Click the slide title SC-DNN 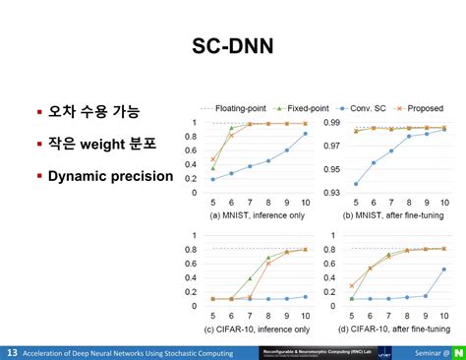point(233,46)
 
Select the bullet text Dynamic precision point(111,177)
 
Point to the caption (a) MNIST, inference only point(259,214)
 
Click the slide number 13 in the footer point(12,351)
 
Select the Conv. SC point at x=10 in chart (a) point(305,134)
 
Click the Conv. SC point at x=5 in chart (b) point(355,184)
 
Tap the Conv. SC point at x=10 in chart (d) point(443,269)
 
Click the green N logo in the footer point(457,351)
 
